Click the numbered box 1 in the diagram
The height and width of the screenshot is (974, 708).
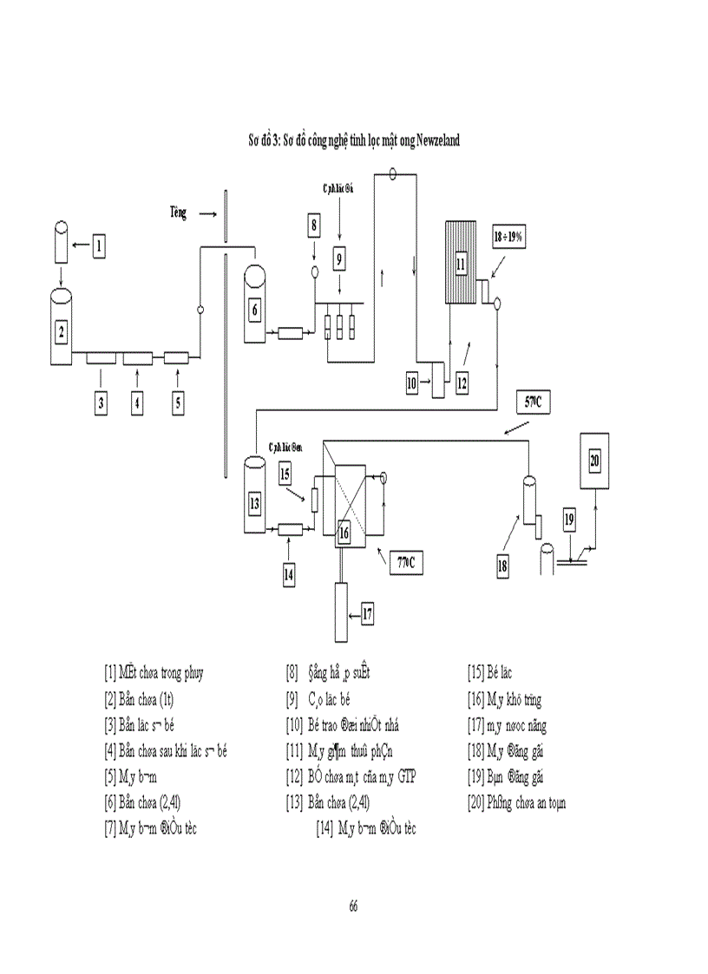tap(99, 245)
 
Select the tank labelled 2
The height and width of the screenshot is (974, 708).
tap(62, 330)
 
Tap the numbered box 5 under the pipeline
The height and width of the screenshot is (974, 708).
tap(178, 402)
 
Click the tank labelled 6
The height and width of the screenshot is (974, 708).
tap(255, 309)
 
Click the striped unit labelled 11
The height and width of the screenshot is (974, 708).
tap(461, 263)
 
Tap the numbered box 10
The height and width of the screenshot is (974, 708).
tap(415, 381)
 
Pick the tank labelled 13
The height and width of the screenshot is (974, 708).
tap(254, 502)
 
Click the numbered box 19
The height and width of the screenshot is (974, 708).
tap(569, 520)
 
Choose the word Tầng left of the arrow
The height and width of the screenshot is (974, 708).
tap(178, 211)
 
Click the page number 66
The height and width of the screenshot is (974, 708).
tap(353, 905)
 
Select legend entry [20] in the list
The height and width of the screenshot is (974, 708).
tap(516, 802)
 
